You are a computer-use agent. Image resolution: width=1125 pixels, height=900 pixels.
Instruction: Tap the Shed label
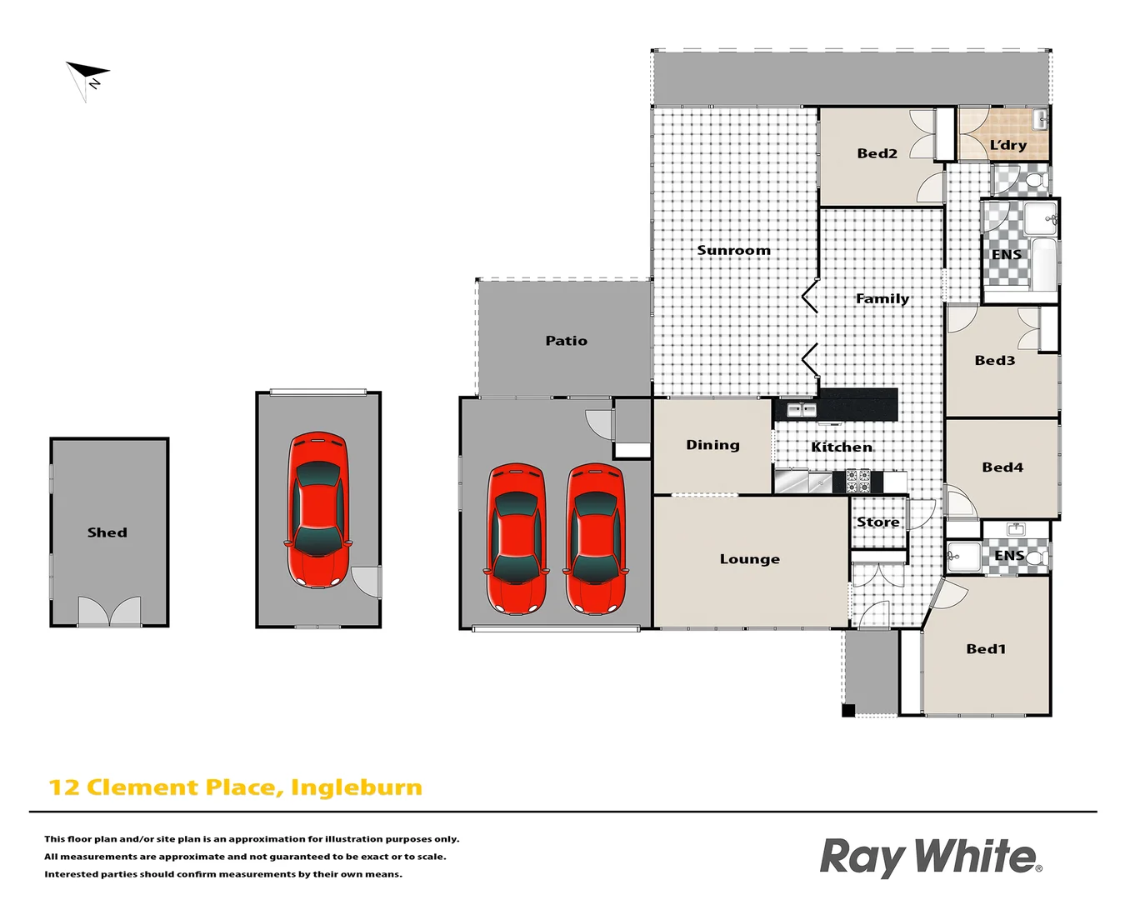click(107, 532)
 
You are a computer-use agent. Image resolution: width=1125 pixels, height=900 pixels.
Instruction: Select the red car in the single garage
click(317, 510)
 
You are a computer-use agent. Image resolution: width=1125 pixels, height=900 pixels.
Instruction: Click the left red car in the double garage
click(516, 538)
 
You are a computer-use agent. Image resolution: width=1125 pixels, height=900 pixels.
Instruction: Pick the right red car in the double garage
click(596, 538)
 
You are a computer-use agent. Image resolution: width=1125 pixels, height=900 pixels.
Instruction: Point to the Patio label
click(566, 341)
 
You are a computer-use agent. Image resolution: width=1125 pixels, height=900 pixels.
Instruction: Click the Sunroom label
click(733, 250)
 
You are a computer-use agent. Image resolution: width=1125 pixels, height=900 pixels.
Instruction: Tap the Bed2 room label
click(877, 153)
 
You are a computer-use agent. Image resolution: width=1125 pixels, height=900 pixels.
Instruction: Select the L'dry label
click(1007, 145)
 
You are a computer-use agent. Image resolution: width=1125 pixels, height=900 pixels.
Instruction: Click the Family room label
click(882, 298)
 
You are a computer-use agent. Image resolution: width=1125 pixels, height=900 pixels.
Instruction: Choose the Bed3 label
click(994, 361)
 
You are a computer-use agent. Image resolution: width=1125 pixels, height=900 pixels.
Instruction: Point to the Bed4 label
click(1002, 467)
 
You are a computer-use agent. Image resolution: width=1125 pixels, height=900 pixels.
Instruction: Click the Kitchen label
click(842, 447)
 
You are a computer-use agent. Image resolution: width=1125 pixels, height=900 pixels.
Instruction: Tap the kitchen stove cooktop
click(858, 481)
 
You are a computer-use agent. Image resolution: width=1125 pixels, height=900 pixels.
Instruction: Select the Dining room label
click(712, 445)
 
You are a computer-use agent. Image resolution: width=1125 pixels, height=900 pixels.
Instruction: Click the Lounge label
click(749, 559)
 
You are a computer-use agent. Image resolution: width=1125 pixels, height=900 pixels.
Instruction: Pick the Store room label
click(877, 522)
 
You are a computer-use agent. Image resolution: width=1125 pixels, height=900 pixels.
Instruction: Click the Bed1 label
click(985, 649)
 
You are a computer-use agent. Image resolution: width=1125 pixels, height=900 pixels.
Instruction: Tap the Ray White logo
click(930, 857)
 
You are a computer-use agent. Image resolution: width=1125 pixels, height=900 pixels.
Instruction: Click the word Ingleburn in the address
click(356, 787)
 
